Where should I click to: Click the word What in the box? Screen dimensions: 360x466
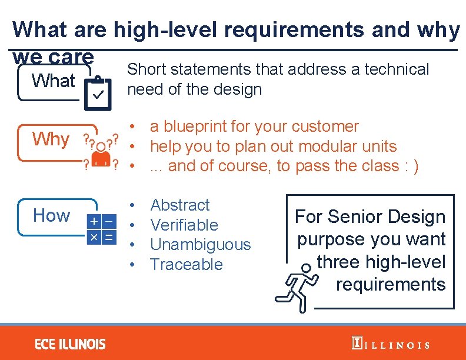pos(54,81)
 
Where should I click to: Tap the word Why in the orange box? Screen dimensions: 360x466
pos(51,139)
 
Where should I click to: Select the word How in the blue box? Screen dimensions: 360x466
pos(51,215)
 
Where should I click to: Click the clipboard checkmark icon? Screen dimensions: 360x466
pos(98,92)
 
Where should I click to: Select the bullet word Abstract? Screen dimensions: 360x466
pos(180,205)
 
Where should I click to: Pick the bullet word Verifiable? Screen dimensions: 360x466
pos(184,225)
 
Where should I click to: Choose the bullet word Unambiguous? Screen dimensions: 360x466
pos(201,245)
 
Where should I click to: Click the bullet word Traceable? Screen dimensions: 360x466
pos(187,265)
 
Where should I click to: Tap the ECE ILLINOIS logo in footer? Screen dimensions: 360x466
pos(70,344)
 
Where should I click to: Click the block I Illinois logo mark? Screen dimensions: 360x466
pos(356,344)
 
